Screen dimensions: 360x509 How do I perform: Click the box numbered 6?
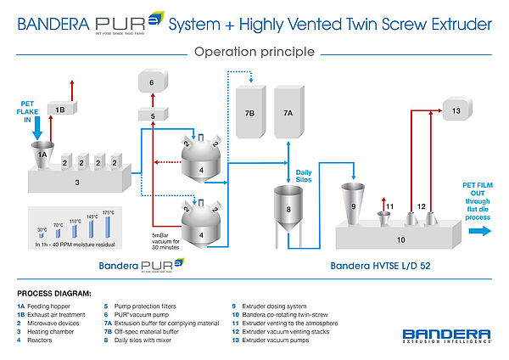[152, 82]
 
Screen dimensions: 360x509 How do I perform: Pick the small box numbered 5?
[153, 115]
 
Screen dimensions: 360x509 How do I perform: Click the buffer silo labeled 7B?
[249, 112]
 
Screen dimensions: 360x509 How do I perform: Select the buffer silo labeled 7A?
[288, 112]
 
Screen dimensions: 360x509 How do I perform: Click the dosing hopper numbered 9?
[352, 205]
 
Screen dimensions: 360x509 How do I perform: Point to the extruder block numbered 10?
[399, 239]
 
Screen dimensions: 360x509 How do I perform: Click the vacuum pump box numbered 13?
[455, 110]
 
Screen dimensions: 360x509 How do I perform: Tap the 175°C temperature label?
[109, 213]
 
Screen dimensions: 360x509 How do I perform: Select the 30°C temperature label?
[42, 229]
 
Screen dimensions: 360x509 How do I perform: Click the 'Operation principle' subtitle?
[255, 52]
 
